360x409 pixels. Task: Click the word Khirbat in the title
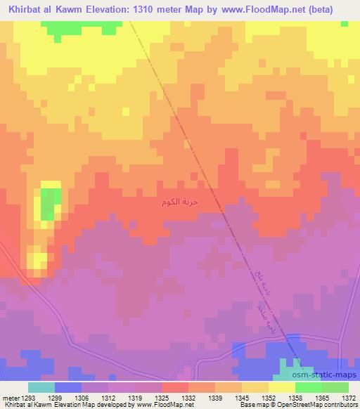pyautogui.click(x=26, y=8)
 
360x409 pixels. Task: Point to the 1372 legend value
pyautogui.click(x=349, y=398)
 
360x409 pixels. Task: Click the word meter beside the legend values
pyautogui.click(x=9, y=398)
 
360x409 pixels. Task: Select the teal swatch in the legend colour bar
pyautogui.click(x=41, y=387)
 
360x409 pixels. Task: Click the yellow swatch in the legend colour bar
pyautogui.click(x=282, y=387)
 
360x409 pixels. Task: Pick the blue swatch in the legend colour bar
pyautogui.click(x=68, y=387)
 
